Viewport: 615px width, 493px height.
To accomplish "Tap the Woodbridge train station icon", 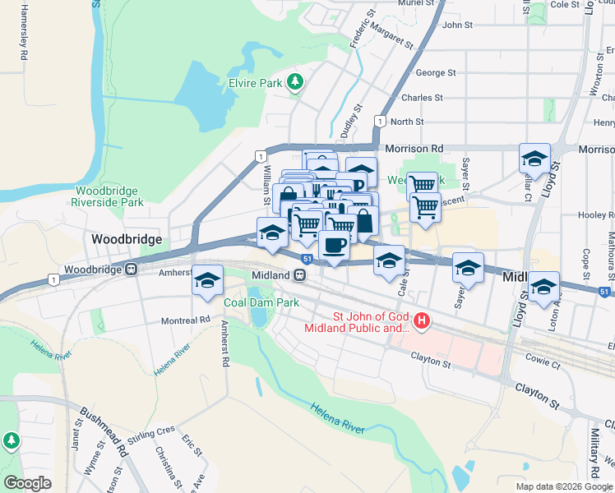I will coord(131,269).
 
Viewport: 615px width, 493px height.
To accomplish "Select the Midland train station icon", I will coord(301,275).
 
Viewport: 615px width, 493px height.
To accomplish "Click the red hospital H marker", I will coord(422,320).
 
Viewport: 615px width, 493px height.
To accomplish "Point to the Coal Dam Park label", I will coord(261,302).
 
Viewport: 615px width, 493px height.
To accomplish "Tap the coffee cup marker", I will coord(333,245).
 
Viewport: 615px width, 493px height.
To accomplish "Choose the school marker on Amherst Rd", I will coord(208,280).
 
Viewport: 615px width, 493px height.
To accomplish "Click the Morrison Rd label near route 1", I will coord(414,149).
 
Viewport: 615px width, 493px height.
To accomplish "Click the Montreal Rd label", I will coord(186,320).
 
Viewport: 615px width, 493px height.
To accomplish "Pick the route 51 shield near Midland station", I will coord(306,259).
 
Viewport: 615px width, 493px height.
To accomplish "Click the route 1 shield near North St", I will coord(379,122).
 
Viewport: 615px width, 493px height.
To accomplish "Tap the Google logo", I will coord(27,483).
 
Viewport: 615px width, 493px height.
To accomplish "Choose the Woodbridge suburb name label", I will coord(127,239).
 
